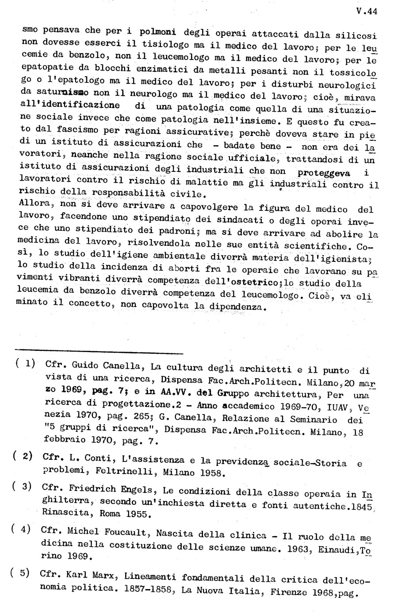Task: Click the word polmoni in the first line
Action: pyautogui.click(x=158, y=32)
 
